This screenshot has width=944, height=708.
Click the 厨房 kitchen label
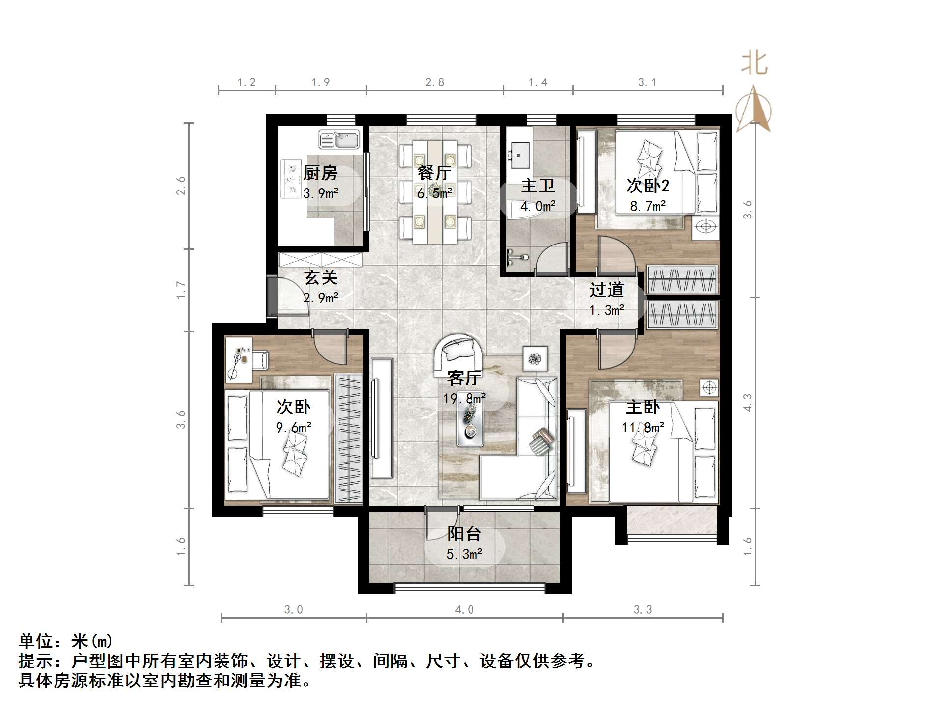click(x=320, y=173)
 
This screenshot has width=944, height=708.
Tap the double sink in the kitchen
click(x=339, y=139)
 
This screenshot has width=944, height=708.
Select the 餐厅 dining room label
click(x=435, y=173)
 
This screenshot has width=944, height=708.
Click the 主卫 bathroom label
click(x=538, y=186)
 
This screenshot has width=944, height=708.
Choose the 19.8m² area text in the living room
click(x=465, y=398)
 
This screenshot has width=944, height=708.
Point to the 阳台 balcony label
click(x=464, y=534)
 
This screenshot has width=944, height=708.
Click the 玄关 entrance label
click(x=321, y=277)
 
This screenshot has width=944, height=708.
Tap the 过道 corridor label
click(x=607, y=290)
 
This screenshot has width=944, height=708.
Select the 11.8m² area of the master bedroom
click(x=643, y=428)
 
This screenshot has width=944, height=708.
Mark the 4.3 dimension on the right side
click(x=747, y=403)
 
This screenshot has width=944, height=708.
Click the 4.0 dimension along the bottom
click(x=464, y=610)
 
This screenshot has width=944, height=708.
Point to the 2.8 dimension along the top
click(x=435, y=82)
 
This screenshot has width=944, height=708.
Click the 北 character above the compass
click(x=754, y=63)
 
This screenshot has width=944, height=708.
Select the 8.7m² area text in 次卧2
click(x=648, y=206)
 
